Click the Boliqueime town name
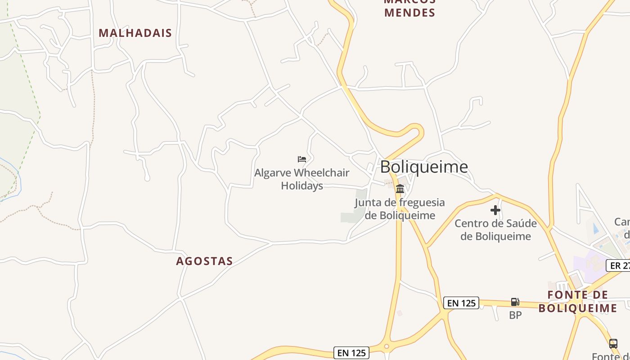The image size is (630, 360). click(x=424, y=167)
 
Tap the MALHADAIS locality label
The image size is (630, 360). click(x=135, y=33)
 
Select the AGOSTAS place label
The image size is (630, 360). click(x=204, y=261)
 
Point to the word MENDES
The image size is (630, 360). click(x=410, y=13)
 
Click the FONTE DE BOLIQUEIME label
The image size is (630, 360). click(x=578, y=301)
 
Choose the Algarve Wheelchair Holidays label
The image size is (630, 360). click(x=302, y=179)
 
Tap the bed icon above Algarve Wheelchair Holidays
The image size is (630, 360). click(x=302, y=159)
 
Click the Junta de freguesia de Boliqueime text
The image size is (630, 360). click(x=400, y=209)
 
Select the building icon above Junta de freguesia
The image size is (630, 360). click(x=400, y=189)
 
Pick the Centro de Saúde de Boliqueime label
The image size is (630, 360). click(x=495, y=229)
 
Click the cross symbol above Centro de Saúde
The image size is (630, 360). click(x=495, y=210)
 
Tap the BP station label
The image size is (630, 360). click(x=515, y=315)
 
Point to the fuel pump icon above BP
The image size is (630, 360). click(x=515, y=302)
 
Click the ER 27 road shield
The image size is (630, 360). click(x=619, y=265)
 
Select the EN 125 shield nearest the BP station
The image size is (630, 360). click(x=461, y=303)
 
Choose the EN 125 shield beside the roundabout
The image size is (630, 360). click(x=351, y=353)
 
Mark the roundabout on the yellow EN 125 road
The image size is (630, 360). click(x=386, y=346)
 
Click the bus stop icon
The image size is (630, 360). click(x=613, y=344)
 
